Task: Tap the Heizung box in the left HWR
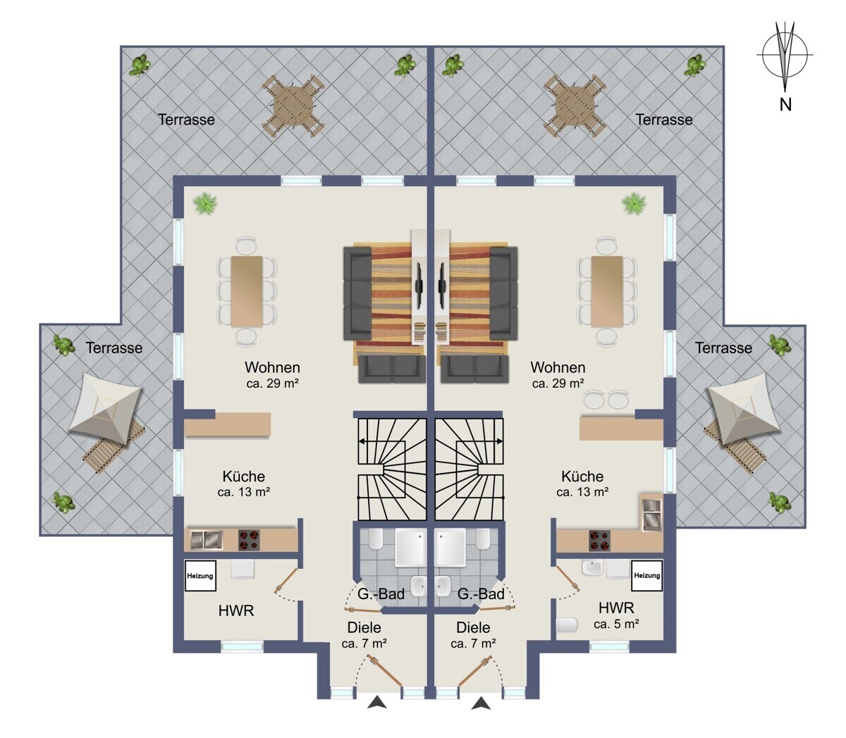tap(200, 575)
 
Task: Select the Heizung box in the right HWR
tap(646, 575)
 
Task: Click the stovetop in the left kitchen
tap(249, 540)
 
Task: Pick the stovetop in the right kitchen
tap(599, 541)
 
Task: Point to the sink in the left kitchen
tap(207, 540)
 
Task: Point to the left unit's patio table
tap(293, 105)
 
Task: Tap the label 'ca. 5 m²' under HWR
tap(616, 624)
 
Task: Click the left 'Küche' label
tap(243, 476)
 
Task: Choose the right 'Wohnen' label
tap(558, 367)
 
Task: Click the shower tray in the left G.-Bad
tap(410, 547)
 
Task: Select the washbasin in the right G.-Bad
tap(443, 586)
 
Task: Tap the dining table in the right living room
tap(607, 290)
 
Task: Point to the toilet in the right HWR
tap(567, 625)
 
